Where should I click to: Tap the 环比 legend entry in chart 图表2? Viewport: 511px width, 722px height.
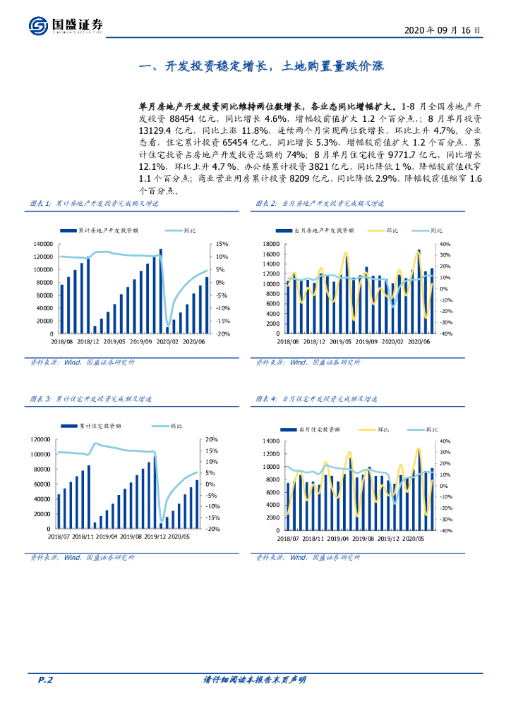coord(385,231)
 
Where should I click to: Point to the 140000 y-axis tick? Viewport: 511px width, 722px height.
coord(44,244)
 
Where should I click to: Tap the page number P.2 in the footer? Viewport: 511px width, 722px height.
coord(46,680)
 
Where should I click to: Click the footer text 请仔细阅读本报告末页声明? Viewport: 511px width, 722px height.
coord(254,680)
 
